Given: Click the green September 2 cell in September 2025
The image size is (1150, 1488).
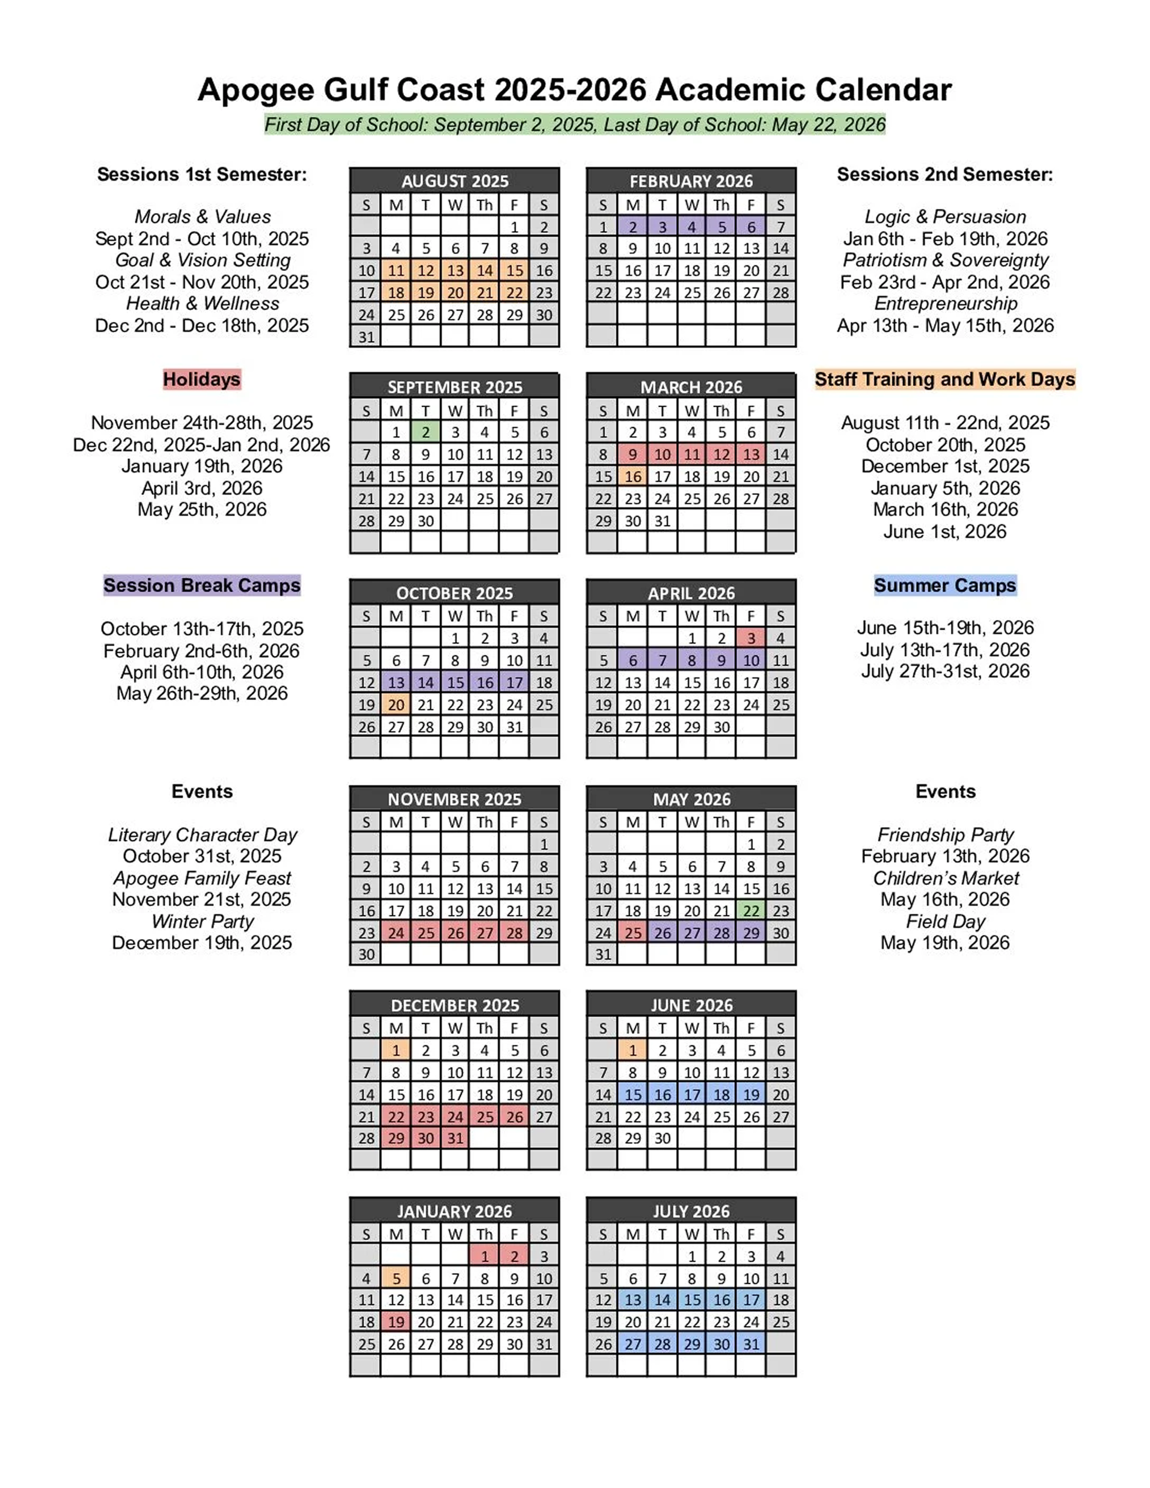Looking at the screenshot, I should (425, 432).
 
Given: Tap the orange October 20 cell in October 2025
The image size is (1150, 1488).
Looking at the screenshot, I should (396, 704).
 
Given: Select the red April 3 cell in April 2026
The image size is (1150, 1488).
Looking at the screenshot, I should (751, 638).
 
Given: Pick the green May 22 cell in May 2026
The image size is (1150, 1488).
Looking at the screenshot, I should (751, 910).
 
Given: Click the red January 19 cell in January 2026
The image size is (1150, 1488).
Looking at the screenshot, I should (396, 1322).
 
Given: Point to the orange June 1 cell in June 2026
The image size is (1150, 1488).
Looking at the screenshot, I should (633, 1050).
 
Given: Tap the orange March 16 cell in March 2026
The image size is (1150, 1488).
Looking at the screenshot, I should (633, 476).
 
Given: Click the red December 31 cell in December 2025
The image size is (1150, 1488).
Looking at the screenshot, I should (455, 1138).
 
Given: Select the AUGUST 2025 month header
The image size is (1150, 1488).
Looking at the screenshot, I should (455, 181).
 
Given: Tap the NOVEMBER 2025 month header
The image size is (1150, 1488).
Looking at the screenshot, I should (455, 799).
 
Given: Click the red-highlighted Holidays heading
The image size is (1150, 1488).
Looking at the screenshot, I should (202, 379).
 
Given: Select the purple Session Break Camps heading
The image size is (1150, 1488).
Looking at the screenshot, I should (202, 585).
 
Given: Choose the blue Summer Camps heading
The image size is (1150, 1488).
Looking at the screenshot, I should (945, 585).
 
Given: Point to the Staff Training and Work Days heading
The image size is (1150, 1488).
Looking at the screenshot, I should (945, 379).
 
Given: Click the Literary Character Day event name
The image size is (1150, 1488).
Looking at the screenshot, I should (202, 834).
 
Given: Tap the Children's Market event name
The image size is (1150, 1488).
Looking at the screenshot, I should (945, 878).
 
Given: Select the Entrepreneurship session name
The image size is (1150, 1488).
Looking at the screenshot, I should (945, 304).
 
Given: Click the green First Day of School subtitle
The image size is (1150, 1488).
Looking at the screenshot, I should (574, 125).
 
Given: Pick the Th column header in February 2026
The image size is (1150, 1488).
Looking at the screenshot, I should (721, 204).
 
